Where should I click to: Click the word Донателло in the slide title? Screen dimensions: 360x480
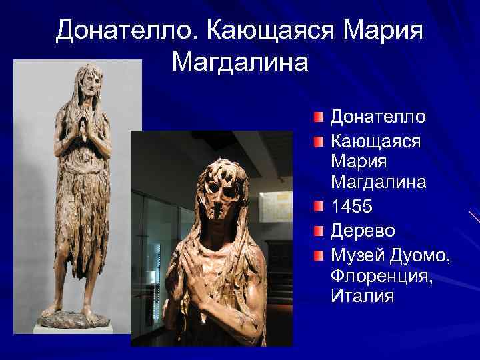[x=126, y=30]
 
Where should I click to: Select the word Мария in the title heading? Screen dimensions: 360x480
[x=384, y=30]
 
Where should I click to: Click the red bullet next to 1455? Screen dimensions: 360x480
[x=320, y=207]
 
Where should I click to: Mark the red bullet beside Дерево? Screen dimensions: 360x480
[x=320, y=231]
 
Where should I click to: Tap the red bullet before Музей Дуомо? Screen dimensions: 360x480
[x=320, y=254]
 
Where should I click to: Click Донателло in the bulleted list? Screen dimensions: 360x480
[x=378, y=117]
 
